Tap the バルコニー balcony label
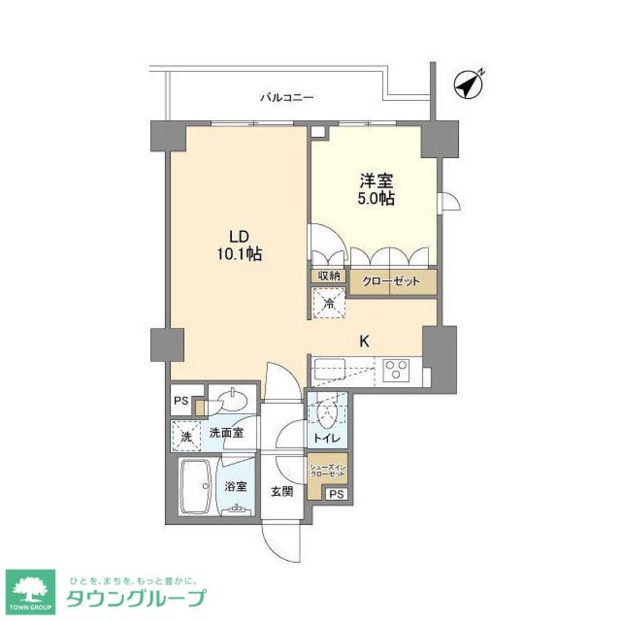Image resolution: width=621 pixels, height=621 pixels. [287, 97]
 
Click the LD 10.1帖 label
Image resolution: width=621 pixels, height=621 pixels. [240, 245]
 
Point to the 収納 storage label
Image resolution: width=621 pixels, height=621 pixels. [329, 276]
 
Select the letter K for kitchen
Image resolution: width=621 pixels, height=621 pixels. [365, 340]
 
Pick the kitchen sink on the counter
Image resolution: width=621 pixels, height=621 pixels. [330, 371]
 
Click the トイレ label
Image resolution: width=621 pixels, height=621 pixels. [326, 438]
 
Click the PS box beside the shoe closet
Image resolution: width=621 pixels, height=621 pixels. [336, 494]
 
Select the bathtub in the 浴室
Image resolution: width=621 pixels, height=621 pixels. [194, 487]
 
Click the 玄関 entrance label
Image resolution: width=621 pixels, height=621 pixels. [280, 491]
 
